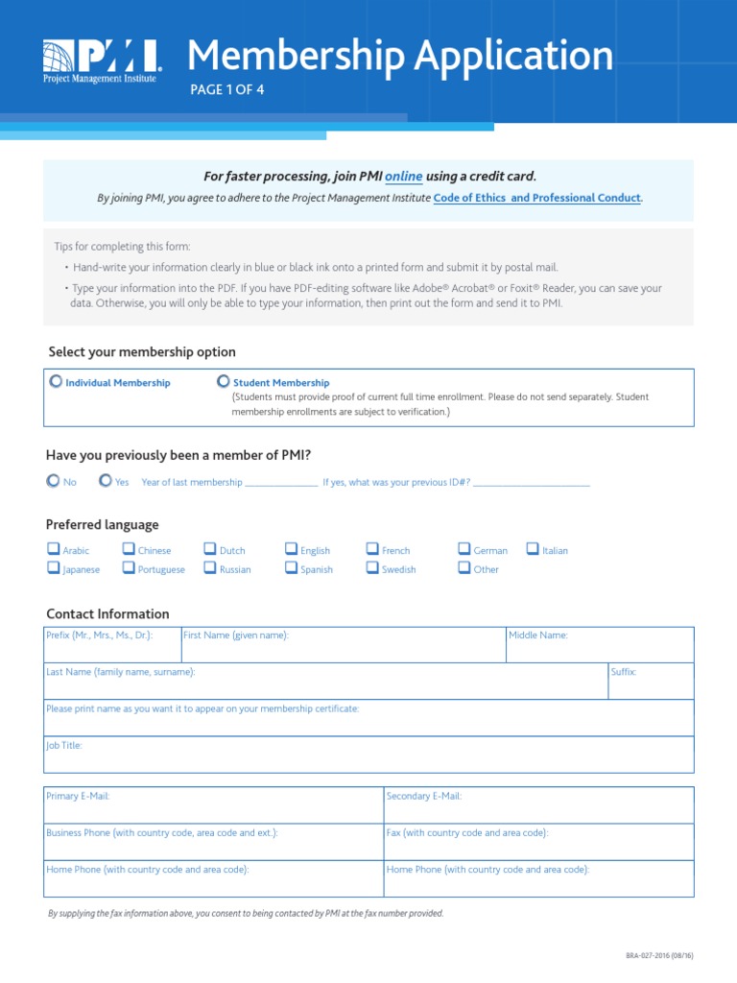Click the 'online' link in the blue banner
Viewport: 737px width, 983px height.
[403, 177]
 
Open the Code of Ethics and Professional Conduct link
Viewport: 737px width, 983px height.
[537, 198]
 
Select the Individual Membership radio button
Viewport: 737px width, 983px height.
[56, 381]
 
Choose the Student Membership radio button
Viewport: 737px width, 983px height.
[223, 381]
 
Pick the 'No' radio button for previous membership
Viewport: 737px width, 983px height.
[53, 481]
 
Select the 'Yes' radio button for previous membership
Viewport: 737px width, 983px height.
[106, 481]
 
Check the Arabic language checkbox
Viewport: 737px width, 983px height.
[54, 550]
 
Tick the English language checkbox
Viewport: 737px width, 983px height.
[291, 550]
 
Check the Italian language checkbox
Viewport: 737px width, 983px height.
[533, 550]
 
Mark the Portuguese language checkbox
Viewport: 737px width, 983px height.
[129, 568]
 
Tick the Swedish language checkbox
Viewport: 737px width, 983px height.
[372, 568]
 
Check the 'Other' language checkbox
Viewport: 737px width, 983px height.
[464, 568]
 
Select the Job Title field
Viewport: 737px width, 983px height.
[368, 758]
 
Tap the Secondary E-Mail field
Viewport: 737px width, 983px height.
[538, 809]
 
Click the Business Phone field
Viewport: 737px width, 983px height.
[213, 846]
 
